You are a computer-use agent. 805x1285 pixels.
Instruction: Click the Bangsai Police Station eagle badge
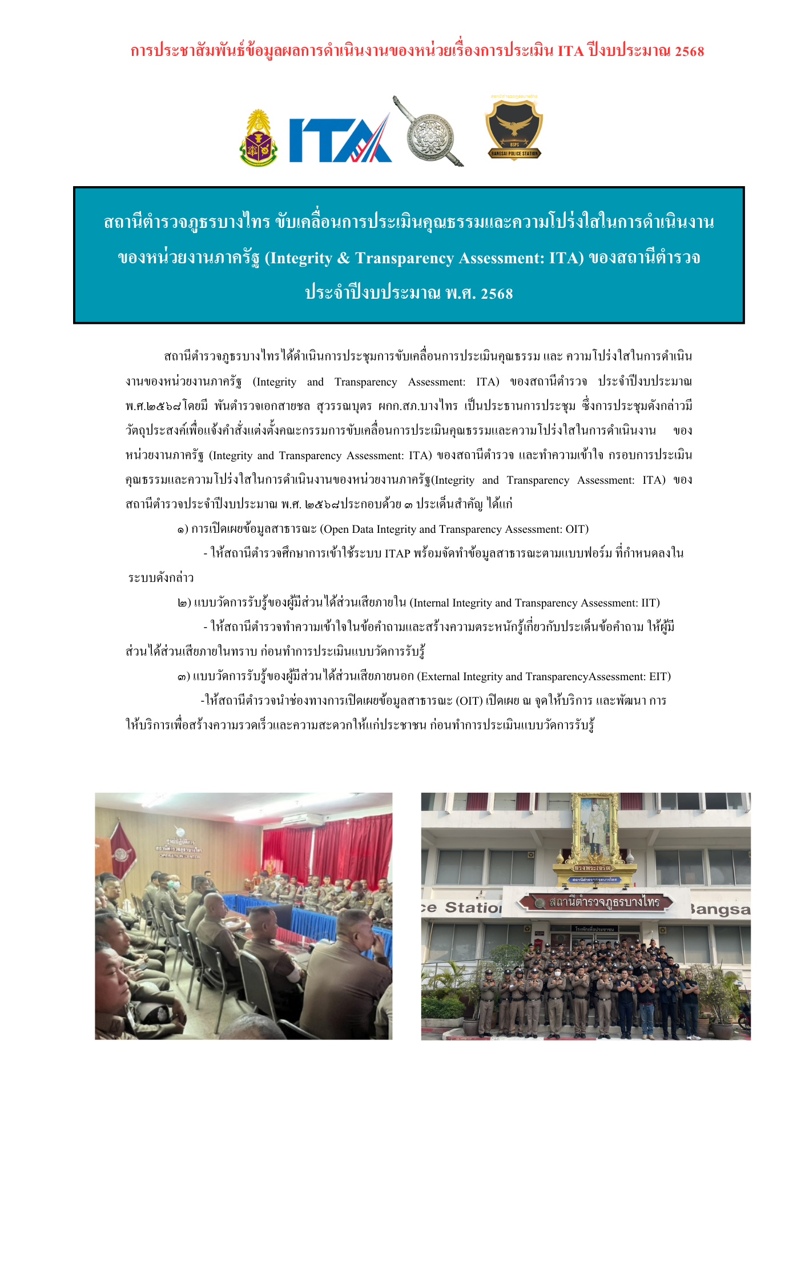pyautogui.click(x=514, y=128)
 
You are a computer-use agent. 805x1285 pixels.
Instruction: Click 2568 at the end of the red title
pyautogui.click(x=689, y=51)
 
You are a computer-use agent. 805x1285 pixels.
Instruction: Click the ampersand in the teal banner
pyautogui.click(x=343, y=258)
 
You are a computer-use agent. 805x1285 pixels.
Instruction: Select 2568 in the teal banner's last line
pyautogui.click(x=497, y=294)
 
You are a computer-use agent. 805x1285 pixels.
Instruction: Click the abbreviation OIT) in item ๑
pyautogui.click(x=577, y=529)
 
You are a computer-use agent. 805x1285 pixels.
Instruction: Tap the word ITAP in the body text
pyautogui.click(x=397, y=553)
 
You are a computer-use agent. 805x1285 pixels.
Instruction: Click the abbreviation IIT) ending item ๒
pyautogui.click(x=650, y=603)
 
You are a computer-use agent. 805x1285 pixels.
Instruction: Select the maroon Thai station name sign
pyautogui.click(x=595, y=903)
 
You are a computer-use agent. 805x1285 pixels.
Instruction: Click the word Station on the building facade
pyautogui.click(x=473, y=907)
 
